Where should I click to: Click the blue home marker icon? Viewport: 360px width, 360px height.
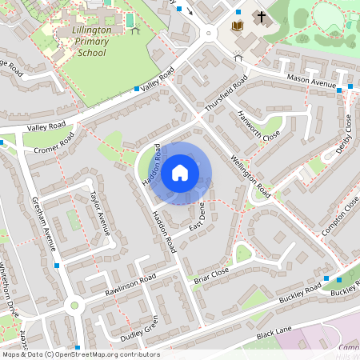[x=180, y=172]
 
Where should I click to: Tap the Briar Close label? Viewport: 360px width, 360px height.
[x=212, y=276]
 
